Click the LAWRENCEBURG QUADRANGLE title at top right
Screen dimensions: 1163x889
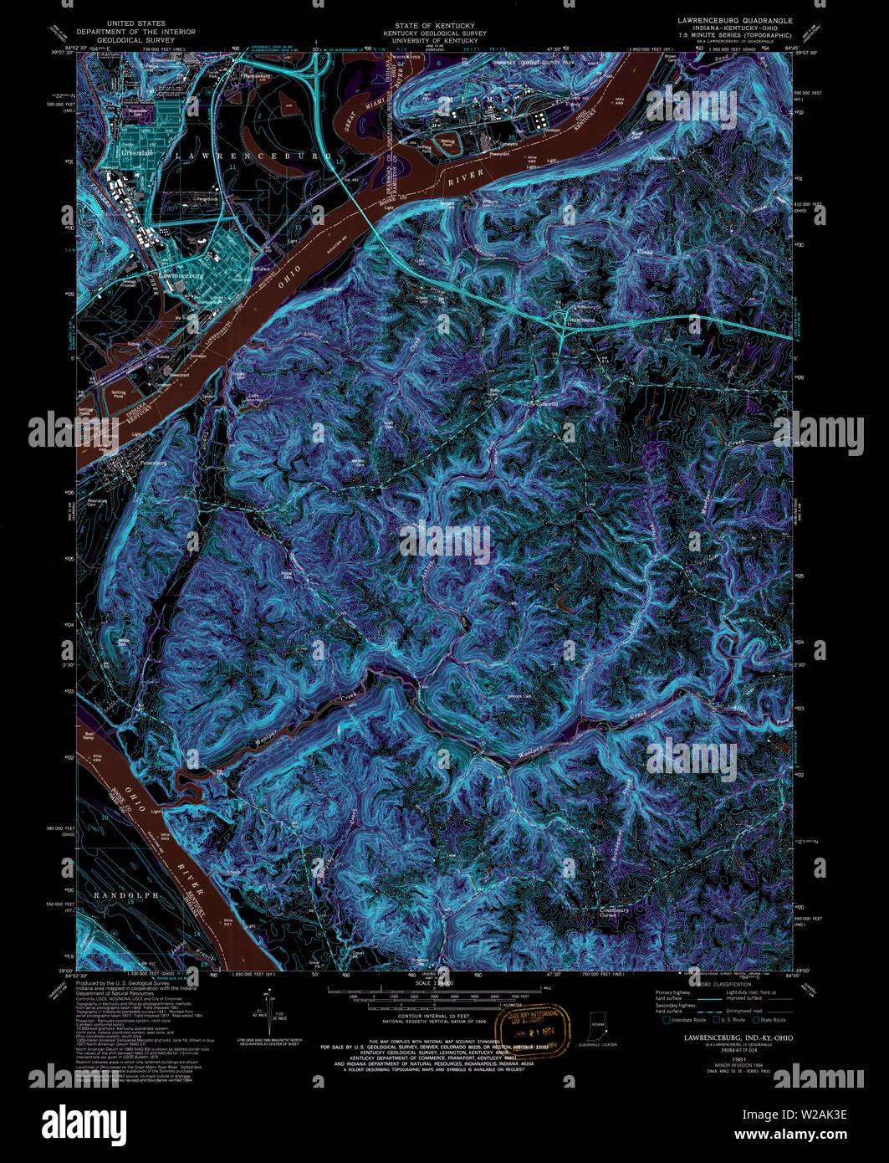[736, 18]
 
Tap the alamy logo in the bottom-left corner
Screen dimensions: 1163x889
[84, 1121]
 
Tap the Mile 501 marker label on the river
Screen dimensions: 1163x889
[226, 923]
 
